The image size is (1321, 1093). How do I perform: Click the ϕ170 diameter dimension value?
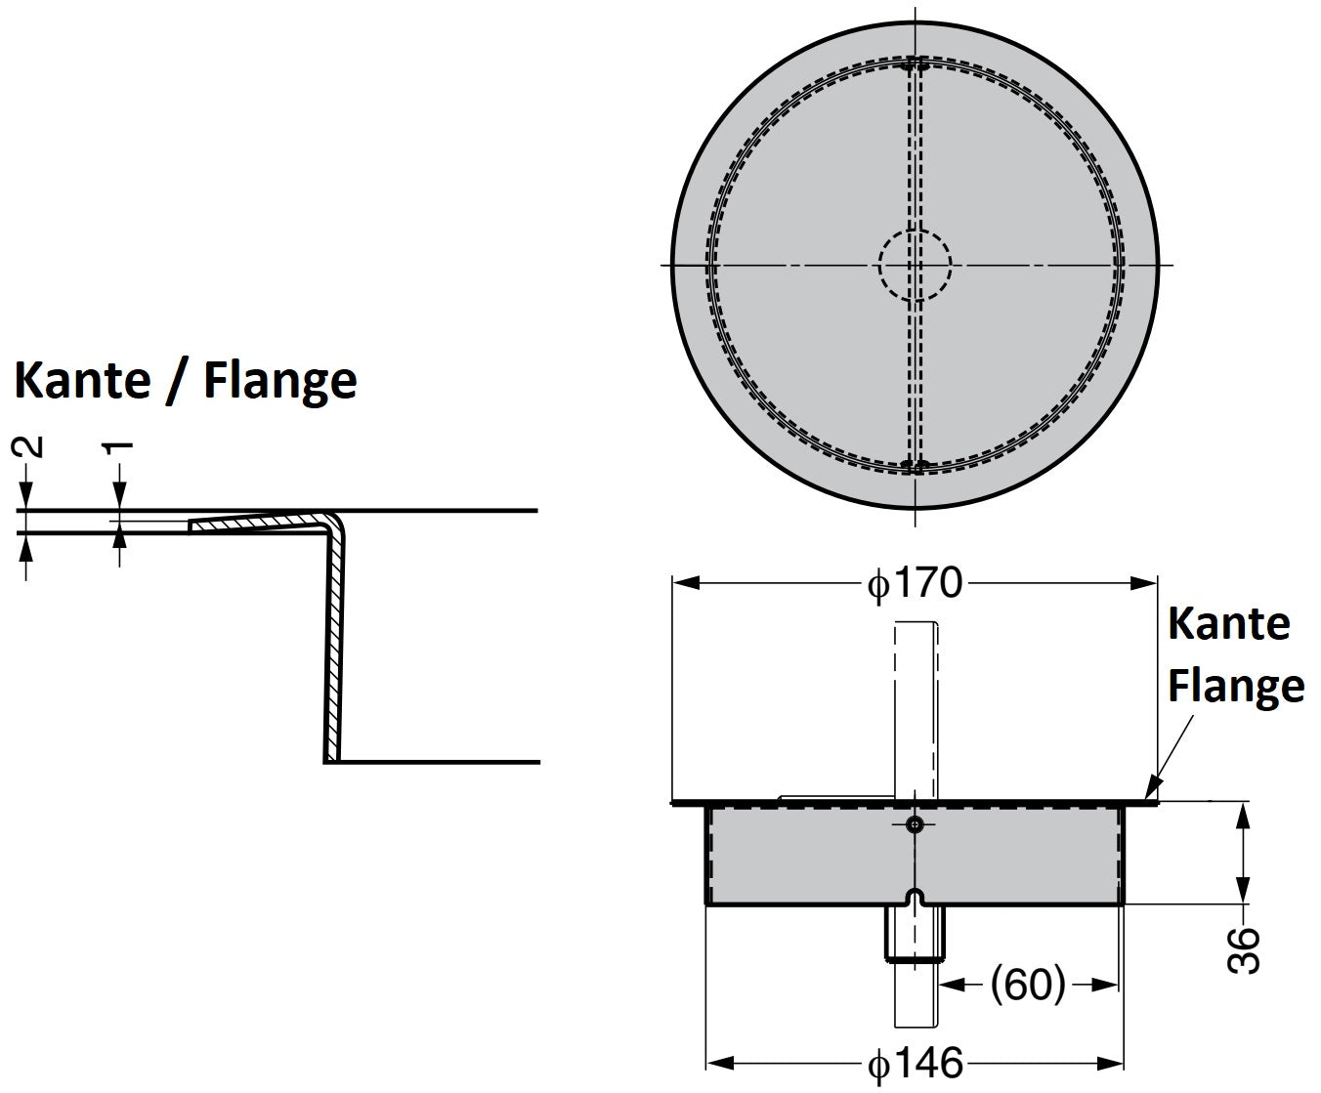pyautogui.click(x=915, y=584)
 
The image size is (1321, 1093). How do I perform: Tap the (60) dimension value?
pyautogui.click(x=1028, y=985)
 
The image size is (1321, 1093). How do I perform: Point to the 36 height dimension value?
pyautogui.click(x=1242, y=950)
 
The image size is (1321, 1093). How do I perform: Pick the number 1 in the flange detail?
pyautogui.click(x=118, y=448)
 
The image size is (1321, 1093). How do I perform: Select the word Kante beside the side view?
pyautogui.click(x=1229, y=623)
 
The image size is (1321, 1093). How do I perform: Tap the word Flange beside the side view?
pyautogui.click(x=1236, y=685)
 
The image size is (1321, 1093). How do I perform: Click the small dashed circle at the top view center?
pyautogui.click(x=915, y=265)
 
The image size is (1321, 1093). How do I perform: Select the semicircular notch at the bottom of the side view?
pyautogui.click(x=915, y=897)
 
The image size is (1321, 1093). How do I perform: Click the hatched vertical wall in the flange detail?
pyautogui.click(x=334, y=645)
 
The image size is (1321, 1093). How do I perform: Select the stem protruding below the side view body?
pyautogui.click(x=915, y=933)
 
